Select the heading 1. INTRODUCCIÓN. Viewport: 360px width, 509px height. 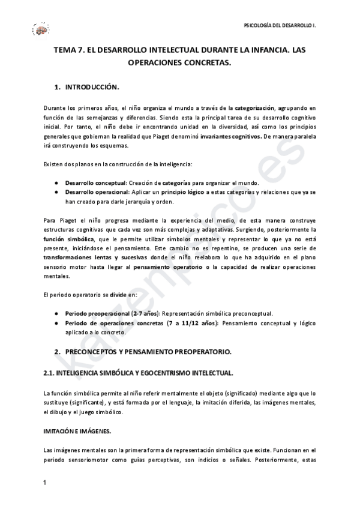(x=87, y=87)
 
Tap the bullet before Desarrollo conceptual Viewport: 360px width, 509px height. (x=56, y=183)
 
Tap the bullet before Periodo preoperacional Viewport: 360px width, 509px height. (x=56, y=313)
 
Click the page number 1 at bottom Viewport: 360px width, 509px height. (x=45, y=483)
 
